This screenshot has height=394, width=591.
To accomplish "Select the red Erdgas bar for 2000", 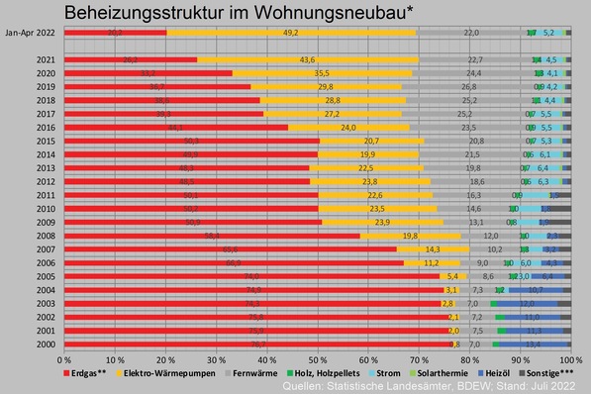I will (198, 344).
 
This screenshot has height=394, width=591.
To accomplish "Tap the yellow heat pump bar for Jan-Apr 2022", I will (291, 33).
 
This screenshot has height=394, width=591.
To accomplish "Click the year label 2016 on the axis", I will (45, 128).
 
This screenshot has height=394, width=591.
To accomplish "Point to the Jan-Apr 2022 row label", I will (29, 33).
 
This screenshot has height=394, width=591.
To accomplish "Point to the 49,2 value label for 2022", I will (291, 33).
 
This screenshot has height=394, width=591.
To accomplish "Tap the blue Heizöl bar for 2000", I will (533, 344).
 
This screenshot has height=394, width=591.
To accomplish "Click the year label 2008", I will (45, 237).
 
